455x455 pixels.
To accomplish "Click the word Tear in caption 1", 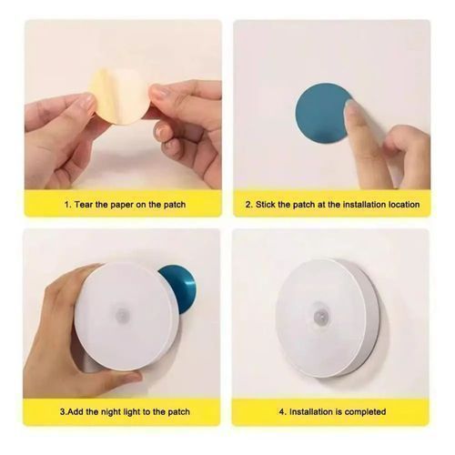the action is (x=84, y=205).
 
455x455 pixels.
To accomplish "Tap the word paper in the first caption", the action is (x=122, y=205).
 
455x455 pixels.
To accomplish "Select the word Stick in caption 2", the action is (x=266, y=205).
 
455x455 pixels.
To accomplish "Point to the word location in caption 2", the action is (x=404, y=205).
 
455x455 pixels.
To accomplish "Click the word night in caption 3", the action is (x=111, y=412).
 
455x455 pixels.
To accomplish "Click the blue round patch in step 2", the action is (x=321, y=113).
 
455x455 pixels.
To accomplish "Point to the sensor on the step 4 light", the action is (x=319, y=311).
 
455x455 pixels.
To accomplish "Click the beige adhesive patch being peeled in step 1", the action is (x=120, y=96).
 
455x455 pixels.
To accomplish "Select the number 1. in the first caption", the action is (x=68, y=205).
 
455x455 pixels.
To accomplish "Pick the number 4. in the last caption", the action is (x=282, y=412).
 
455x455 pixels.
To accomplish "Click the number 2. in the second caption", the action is (x=249, y=205).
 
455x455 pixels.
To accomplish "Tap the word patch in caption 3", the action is (x=178, y=412).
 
